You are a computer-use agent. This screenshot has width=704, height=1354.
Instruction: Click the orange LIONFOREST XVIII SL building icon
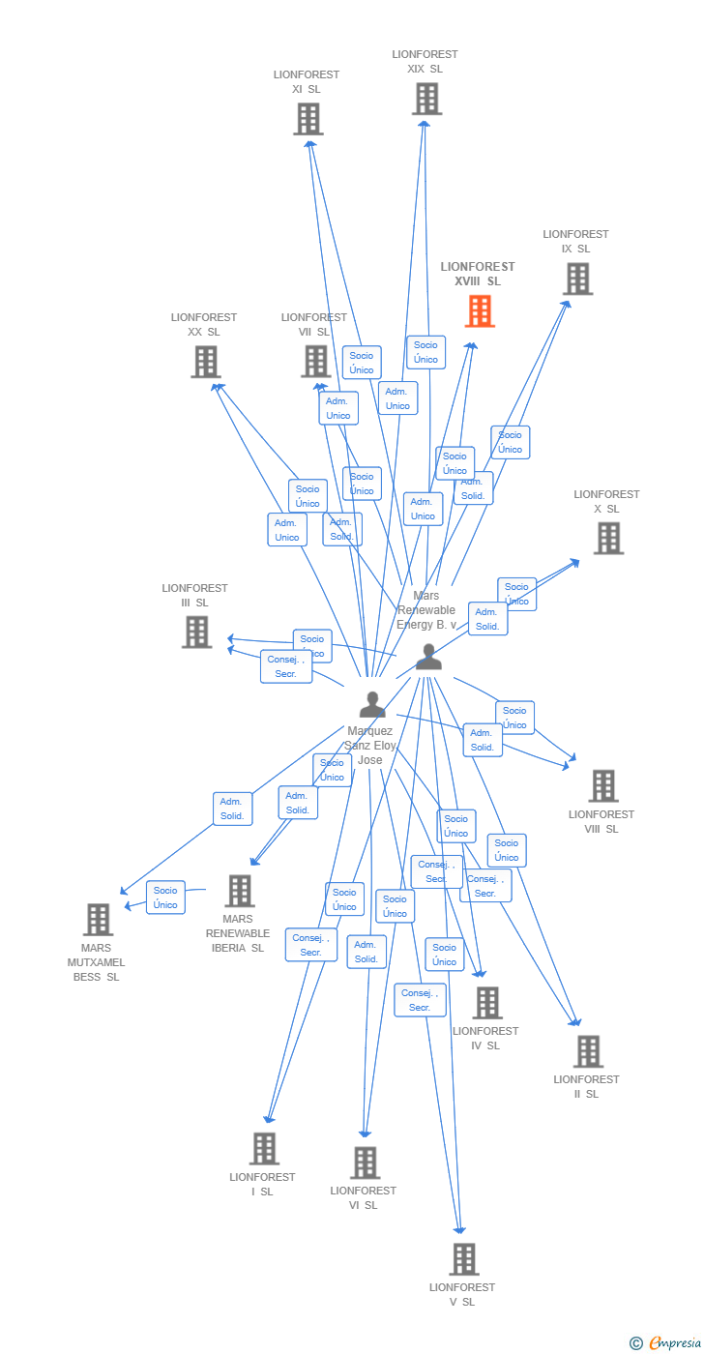click(480, 311)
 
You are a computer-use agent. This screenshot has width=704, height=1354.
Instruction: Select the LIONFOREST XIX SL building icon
click(426, 99)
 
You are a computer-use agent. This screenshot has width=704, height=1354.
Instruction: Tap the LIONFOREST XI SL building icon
click(308, 119)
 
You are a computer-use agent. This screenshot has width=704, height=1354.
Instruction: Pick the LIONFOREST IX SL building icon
click(577, 279)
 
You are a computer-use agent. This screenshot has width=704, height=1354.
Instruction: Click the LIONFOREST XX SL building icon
click(205, 362)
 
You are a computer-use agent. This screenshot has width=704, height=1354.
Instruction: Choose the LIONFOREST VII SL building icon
click(315, 361)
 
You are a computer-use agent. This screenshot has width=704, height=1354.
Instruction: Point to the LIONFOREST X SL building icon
click(608, 538)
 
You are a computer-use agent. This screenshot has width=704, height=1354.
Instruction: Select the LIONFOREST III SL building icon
click(196, 632)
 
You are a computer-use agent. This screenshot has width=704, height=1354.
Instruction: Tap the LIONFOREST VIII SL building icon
click(603, 785)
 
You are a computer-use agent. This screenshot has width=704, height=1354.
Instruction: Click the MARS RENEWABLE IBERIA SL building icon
click(239, 891)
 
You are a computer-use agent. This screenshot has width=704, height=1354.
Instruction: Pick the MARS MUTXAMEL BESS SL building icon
click(98, 920)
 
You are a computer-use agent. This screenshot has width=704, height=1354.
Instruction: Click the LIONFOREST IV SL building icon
click(486, 1003)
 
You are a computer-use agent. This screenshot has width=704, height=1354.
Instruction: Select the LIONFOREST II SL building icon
click(587, 1051)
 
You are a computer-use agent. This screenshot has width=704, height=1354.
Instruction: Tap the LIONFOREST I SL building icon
click(264, 1149)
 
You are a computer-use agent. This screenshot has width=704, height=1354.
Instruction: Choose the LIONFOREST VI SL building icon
click(365, 1163)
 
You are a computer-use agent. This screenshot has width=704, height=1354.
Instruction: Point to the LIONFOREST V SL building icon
click(464, 1259)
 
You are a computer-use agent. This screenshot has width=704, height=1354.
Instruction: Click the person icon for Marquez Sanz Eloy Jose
click(372, 705)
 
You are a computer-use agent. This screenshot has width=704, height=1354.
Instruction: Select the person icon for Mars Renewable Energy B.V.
click(428, 657)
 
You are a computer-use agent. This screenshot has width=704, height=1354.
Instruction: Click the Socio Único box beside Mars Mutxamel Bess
click(165, 898)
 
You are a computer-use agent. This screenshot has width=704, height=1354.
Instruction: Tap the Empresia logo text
click(673, 1342)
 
